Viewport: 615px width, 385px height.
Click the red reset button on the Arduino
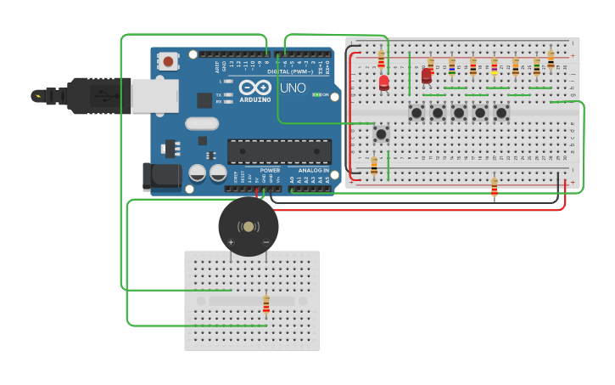point(169,61)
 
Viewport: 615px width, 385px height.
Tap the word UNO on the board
point(293,88)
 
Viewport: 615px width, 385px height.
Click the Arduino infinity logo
point(254,88)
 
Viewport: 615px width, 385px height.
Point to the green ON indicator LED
point(317,94)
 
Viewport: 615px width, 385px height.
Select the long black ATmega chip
point(279,151)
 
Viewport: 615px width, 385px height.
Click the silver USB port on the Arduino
point(154,95)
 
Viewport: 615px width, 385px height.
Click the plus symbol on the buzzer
point(231,242)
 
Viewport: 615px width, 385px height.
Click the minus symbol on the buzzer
point(266,242)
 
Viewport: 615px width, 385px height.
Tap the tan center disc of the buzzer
point(249,226)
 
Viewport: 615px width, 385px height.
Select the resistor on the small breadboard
point(266,304)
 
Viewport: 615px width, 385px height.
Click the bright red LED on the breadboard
point(383,82)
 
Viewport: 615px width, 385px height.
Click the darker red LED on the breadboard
point(426,76)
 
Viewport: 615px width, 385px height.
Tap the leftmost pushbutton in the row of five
point(417,112)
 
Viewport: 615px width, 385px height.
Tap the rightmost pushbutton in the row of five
point(501,112)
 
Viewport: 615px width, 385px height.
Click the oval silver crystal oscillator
point(202,123)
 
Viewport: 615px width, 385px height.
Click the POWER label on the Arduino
point(270,170)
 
